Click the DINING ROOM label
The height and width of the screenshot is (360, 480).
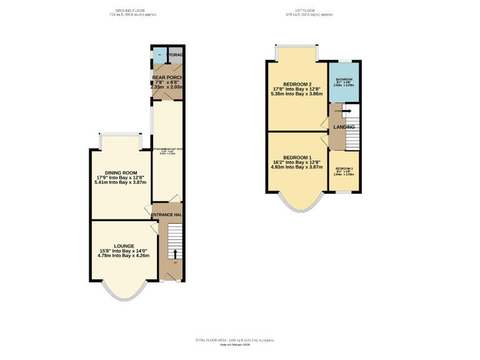pos(121,172)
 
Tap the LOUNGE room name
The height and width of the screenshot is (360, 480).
pos(124,246)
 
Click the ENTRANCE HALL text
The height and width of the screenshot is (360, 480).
pos(167,215)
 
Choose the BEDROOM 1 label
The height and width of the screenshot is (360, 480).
pos(297,157)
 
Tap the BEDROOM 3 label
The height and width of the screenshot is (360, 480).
pos(344,169)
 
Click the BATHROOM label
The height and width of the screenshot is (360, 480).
pos(344,79)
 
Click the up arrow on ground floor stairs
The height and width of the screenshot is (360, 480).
pos(175,253)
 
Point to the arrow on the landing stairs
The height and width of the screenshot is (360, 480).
pos(344,111)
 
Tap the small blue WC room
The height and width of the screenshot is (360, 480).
pos(159,55)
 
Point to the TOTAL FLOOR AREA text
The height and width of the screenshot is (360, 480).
pos(234,340)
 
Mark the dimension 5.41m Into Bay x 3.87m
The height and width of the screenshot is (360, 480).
pos(121,182)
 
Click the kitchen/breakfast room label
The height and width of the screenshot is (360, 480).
pos(167,149)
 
